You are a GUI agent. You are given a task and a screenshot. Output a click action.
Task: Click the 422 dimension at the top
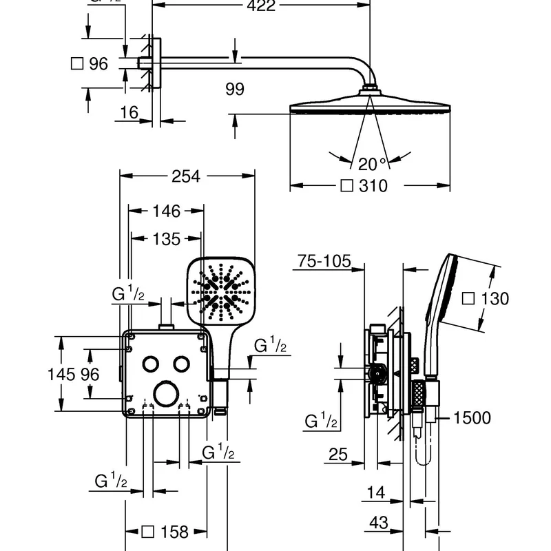(x=261, y=6)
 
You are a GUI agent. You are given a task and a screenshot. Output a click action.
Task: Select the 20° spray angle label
(x=373, y=164)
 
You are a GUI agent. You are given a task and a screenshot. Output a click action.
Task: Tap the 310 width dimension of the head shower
(x=373, y=186)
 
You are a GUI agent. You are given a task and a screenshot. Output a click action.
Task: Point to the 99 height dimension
(x=235, y=89)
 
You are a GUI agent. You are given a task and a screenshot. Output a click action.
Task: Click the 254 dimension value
(x=185, y=176)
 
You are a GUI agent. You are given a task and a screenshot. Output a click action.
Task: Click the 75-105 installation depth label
(x=324, y=261)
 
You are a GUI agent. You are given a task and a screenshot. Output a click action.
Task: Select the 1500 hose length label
(x=472, y=417)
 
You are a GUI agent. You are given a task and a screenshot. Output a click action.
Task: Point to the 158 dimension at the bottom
(x=174, y=532)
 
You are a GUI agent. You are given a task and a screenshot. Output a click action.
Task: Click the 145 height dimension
(x=61, y=374)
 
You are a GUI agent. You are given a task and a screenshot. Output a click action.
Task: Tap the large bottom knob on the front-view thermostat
(x=165, y=396)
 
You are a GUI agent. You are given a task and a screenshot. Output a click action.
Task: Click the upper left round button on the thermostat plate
(x=150, y=363)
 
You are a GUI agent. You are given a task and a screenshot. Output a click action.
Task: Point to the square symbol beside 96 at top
(x=78, y=64)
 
